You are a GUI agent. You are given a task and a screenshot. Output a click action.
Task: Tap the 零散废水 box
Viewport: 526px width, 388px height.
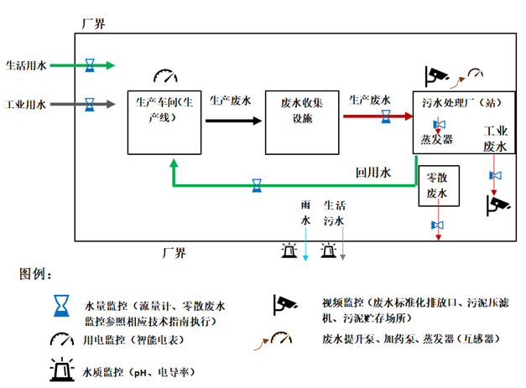click(x=436, y=186)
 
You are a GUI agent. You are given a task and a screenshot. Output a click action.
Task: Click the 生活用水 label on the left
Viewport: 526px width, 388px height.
click(x=26, y=65)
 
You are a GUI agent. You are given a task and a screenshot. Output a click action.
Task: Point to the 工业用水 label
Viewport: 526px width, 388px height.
click(x=26, y=104)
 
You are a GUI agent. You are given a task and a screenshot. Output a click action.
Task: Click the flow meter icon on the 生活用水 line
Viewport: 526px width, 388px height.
click(x=90, y=65)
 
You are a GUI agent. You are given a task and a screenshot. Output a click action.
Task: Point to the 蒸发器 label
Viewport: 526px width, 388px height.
click(x=437, y=139)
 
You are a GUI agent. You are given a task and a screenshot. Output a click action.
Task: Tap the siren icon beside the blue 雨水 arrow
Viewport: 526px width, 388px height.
click(x=289, y=250)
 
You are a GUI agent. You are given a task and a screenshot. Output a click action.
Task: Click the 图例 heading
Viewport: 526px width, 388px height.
click(x=36, y=274)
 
